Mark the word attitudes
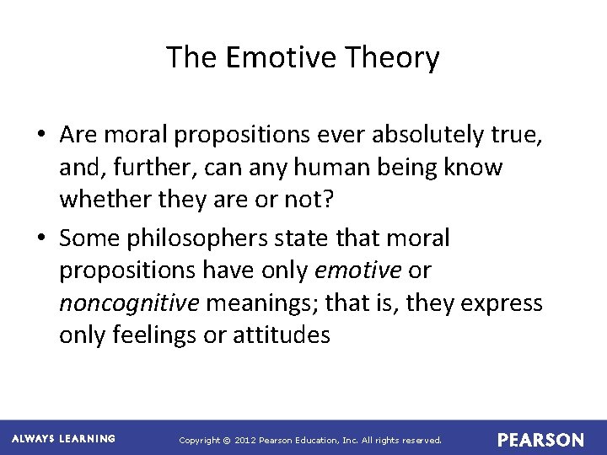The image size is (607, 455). click(281, 335)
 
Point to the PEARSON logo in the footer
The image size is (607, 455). click(540, 440)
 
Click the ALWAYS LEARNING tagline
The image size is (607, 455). click(63, 439)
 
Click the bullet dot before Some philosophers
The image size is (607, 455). click(41, 239)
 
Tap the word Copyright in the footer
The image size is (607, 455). click(200, 441)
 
